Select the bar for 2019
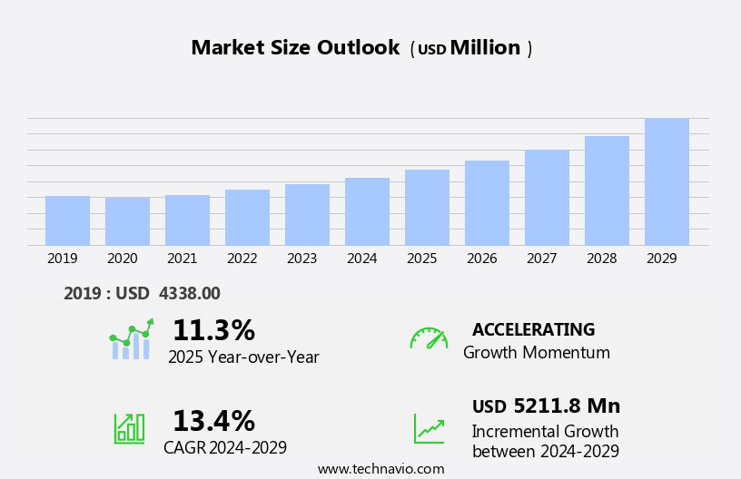[67, 220]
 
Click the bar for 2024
[367, 211]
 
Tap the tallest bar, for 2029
[667, 181]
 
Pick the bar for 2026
[487, 203]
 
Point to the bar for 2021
[187, 220]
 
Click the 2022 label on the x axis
[242, 259]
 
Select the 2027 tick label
[542, 259]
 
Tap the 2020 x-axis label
[123, 259]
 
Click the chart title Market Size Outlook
[295, 48]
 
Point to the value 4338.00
[189, 293]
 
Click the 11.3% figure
[213, 330]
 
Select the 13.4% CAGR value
[213, 421]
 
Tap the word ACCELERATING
[533, 329]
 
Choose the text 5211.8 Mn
[567, 406]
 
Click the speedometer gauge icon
[429, 338]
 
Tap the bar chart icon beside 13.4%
[129, 428]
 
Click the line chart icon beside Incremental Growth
[429, 428]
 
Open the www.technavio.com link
[380, 469]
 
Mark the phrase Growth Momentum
[536, 353]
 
